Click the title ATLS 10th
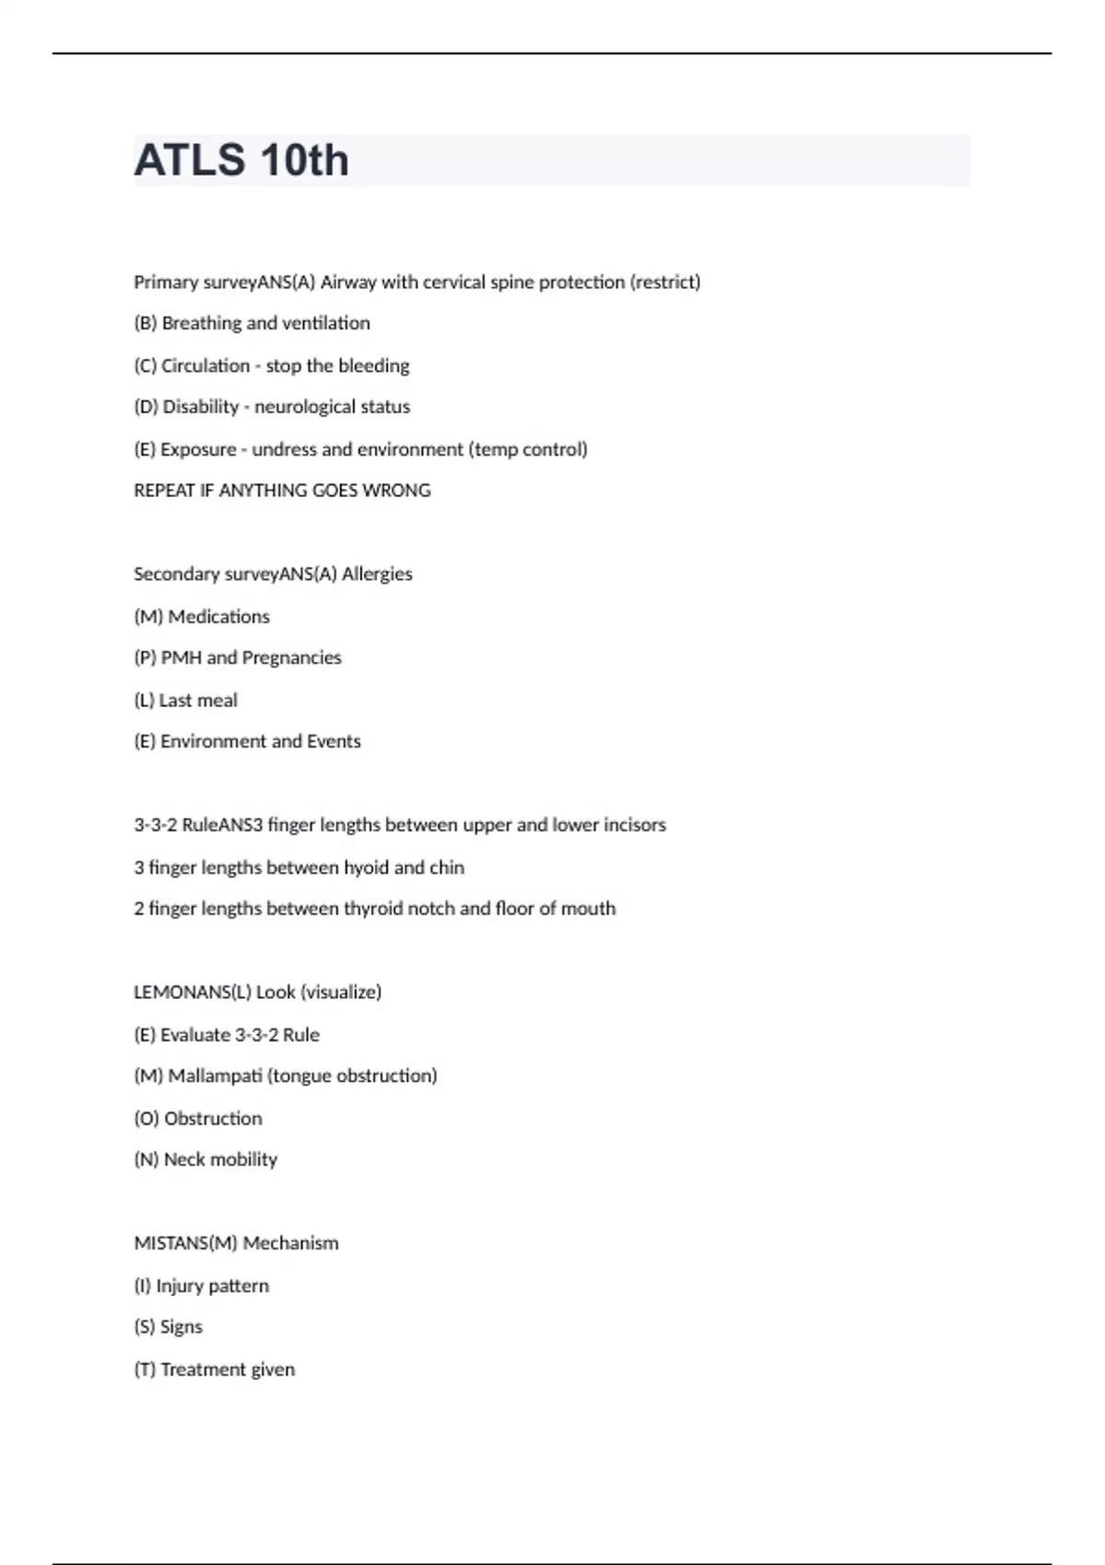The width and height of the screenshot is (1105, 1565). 241,160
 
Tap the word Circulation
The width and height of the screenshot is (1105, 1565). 205,365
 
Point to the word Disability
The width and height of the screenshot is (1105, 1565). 201,407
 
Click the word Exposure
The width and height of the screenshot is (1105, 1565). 198,449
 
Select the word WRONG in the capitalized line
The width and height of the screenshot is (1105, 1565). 397,491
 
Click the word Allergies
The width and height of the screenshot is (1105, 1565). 378,574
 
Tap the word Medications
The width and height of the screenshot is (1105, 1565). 219,617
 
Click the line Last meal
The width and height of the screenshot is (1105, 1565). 186,701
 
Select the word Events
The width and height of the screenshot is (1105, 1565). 333,742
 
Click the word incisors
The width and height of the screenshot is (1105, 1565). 634,825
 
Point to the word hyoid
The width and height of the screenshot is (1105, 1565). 366,867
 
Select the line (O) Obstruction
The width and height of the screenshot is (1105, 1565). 198,1119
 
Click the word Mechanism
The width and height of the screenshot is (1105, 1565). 291,1244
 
